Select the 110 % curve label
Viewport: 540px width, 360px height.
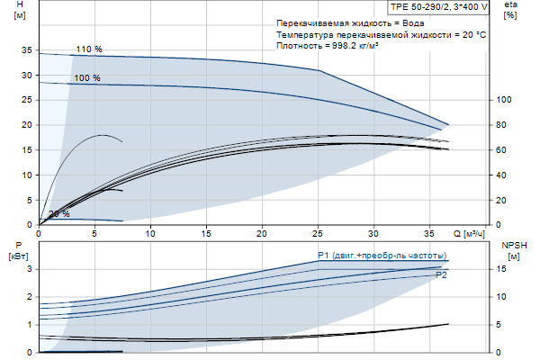click(88, 49)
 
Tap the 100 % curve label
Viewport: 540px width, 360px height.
click(87, 78)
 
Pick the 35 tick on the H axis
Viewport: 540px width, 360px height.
click(25, 50)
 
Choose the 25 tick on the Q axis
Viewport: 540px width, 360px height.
click(318, 233)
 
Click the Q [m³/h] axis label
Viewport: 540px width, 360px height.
click(469, 233)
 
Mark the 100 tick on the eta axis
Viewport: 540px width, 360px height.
click(504, 100)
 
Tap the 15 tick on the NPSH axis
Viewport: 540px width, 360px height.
click(506, 269)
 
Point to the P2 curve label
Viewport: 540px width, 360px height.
click(441, 274)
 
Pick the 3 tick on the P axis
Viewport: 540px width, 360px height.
click(30, 269)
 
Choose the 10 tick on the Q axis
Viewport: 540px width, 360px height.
click(150, 233)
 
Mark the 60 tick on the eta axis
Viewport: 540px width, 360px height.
click(506, 150)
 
